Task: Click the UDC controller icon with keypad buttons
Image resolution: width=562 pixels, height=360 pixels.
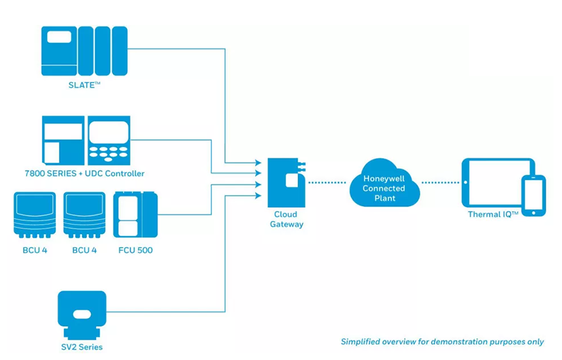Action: (x=109, y=140)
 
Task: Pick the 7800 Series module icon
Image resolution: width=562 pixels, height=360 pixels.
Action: (x=63, y=140)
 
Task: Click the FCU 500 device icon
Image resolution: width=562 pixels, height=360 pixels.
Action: (x=135, y=214)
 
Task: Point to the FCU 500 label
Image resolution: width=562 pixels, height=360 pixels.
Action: (x=135, y=250)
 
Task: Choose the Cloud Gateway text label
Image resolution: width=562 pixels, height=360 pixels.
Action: (x=286, y=219)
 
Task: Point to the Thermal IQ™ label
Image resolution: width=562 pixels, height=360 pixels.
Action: (x=493, y=214)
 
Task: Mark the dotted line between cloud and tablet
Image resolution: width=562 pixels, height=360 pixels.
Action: (x=439, y=182)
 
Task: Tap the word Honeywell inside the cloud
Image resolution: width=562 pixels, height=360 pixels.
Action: (x=384, y=178)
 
